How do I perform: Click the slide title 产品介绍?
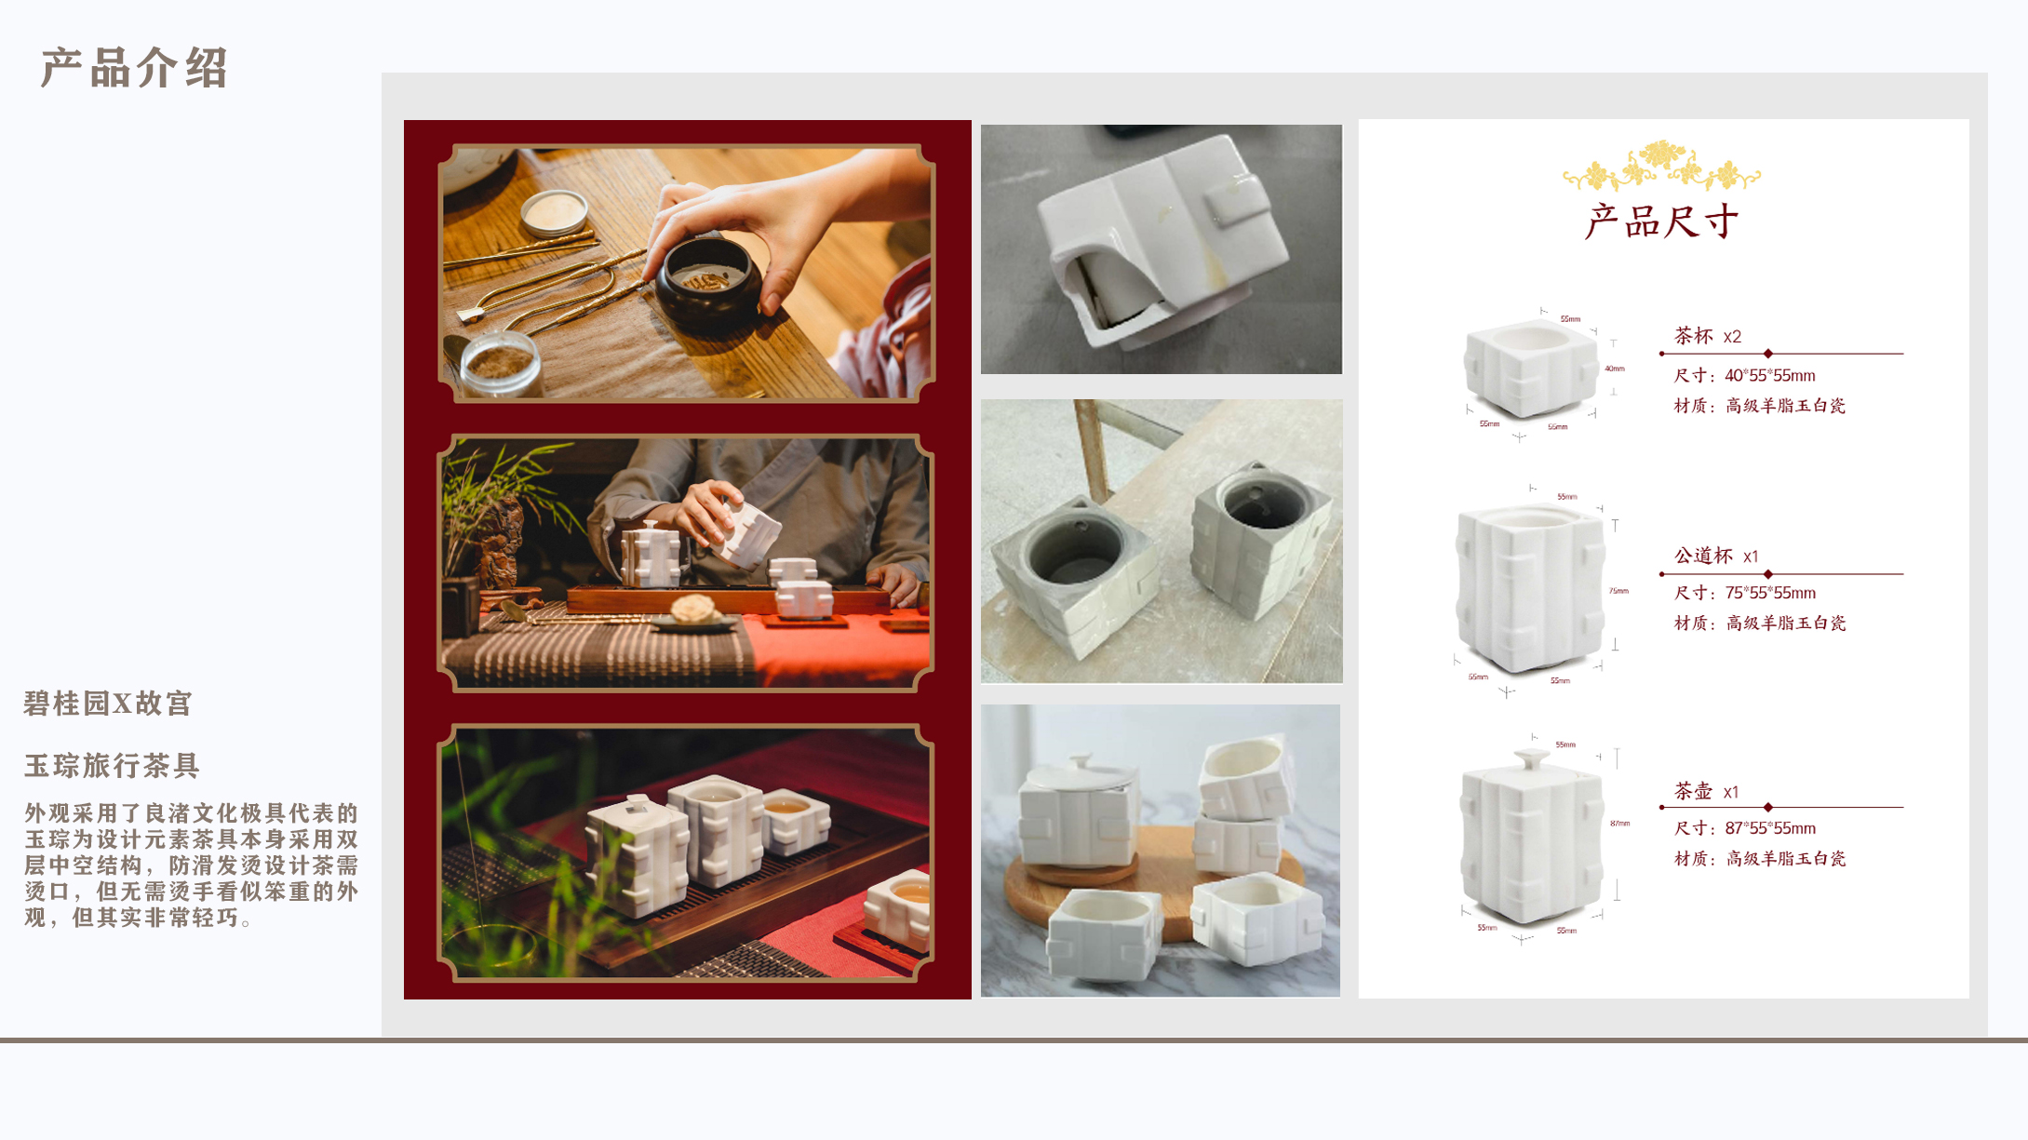tap(134, 68)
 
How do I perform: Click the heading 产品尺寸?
tap(1662, 221)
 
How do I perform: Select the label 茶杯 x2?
tap(1707, 336)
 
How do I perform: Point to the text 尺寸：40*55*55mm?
tap(1744, 376)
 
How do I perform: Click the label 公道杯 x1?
tap(1716, 557)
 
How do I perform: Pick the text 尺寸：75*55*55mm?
tap(1744, 593)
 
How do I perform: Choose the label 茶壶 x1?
tap(1706, 792)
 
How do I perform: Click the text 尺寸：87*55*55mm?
tap(1744, 828)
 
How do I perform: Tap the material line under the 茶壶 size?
tap(1759, 859)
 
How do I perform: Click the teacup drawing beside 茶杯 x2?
tap(1530, 369)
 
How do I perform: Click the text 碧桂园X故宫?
tap(108, 704)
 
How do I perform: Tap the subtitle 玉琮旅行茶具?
tap(112, 766)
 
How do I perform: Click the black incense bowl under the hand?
tap(708, 285)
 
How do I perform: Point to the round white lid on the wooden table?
tap(555, 211)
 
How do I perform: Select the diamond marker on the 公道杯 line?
tap(1767, 574)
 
